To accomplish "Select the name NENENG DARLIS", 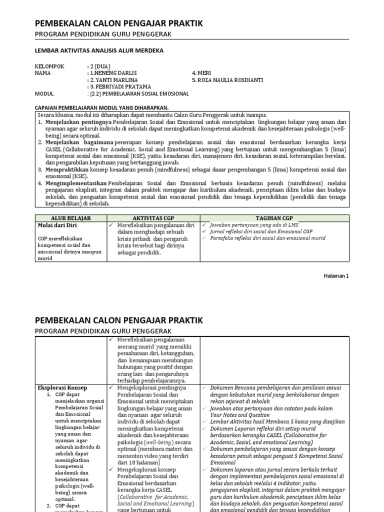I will coord(117,72).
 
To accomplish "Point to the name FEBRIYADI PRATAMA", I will coord(119,86).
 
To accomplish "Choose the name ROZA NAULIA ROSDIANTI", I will coord(227,79).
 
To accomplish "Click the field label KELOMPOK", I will coord(49,65).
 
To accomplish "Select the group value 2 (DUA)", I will coord(100,65).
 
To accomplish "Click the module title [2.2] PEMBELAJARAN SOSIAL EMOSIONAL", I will coord(139,93).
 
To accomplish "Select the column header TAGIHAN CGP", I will coord(274,218).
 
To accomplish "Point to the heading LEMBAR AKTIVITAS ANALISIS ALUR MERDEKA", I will coord(98,50).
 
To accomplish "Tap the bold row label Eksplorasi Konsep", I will coord(62,387).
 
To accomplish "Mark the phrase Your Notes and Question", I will coord(242,414).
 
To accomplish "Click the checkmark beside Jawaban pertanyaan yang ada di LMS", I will coord(204,225).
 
